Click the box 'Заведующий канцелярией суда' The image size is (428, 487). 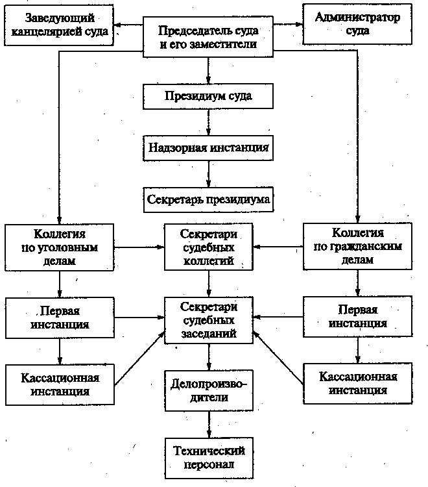[58, 24]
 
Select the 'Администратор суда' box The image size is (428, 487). [357, 24]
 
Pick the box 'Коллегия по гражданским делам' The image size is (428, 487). [357, 247]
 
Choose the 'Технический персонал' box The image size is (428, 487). [209, 457]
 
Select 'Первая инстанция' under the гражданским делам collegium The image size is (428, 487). [357, 316]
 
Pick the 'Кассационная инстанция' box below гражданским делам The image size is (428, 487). [357, 384]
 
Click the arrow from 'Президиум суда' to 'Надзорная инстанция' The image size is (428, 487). [208, 122]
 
